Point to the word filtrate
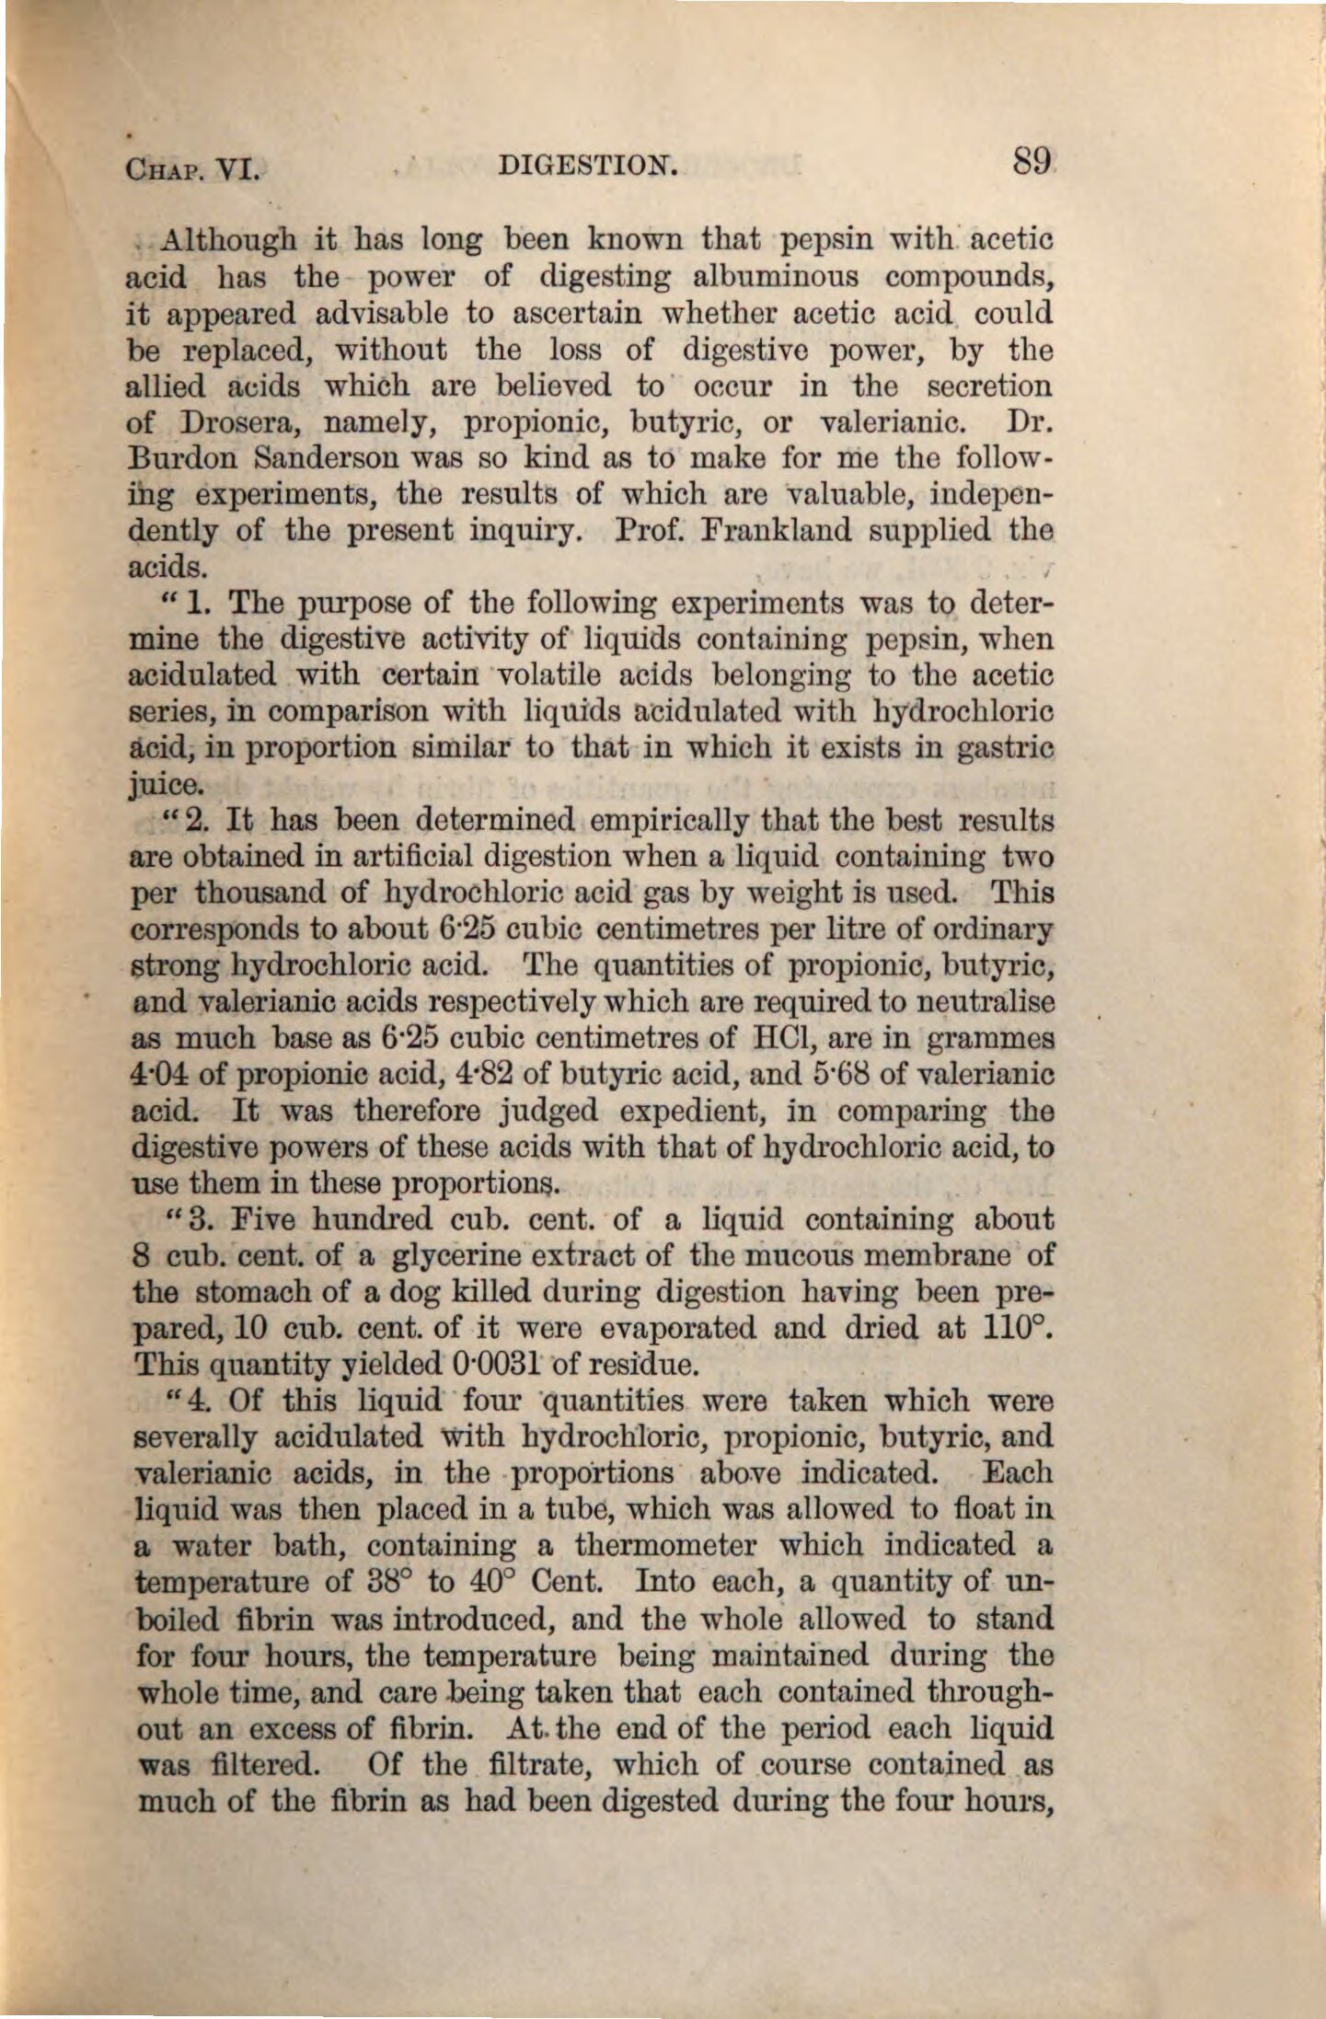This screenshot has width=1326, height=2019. (549, 1765)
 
